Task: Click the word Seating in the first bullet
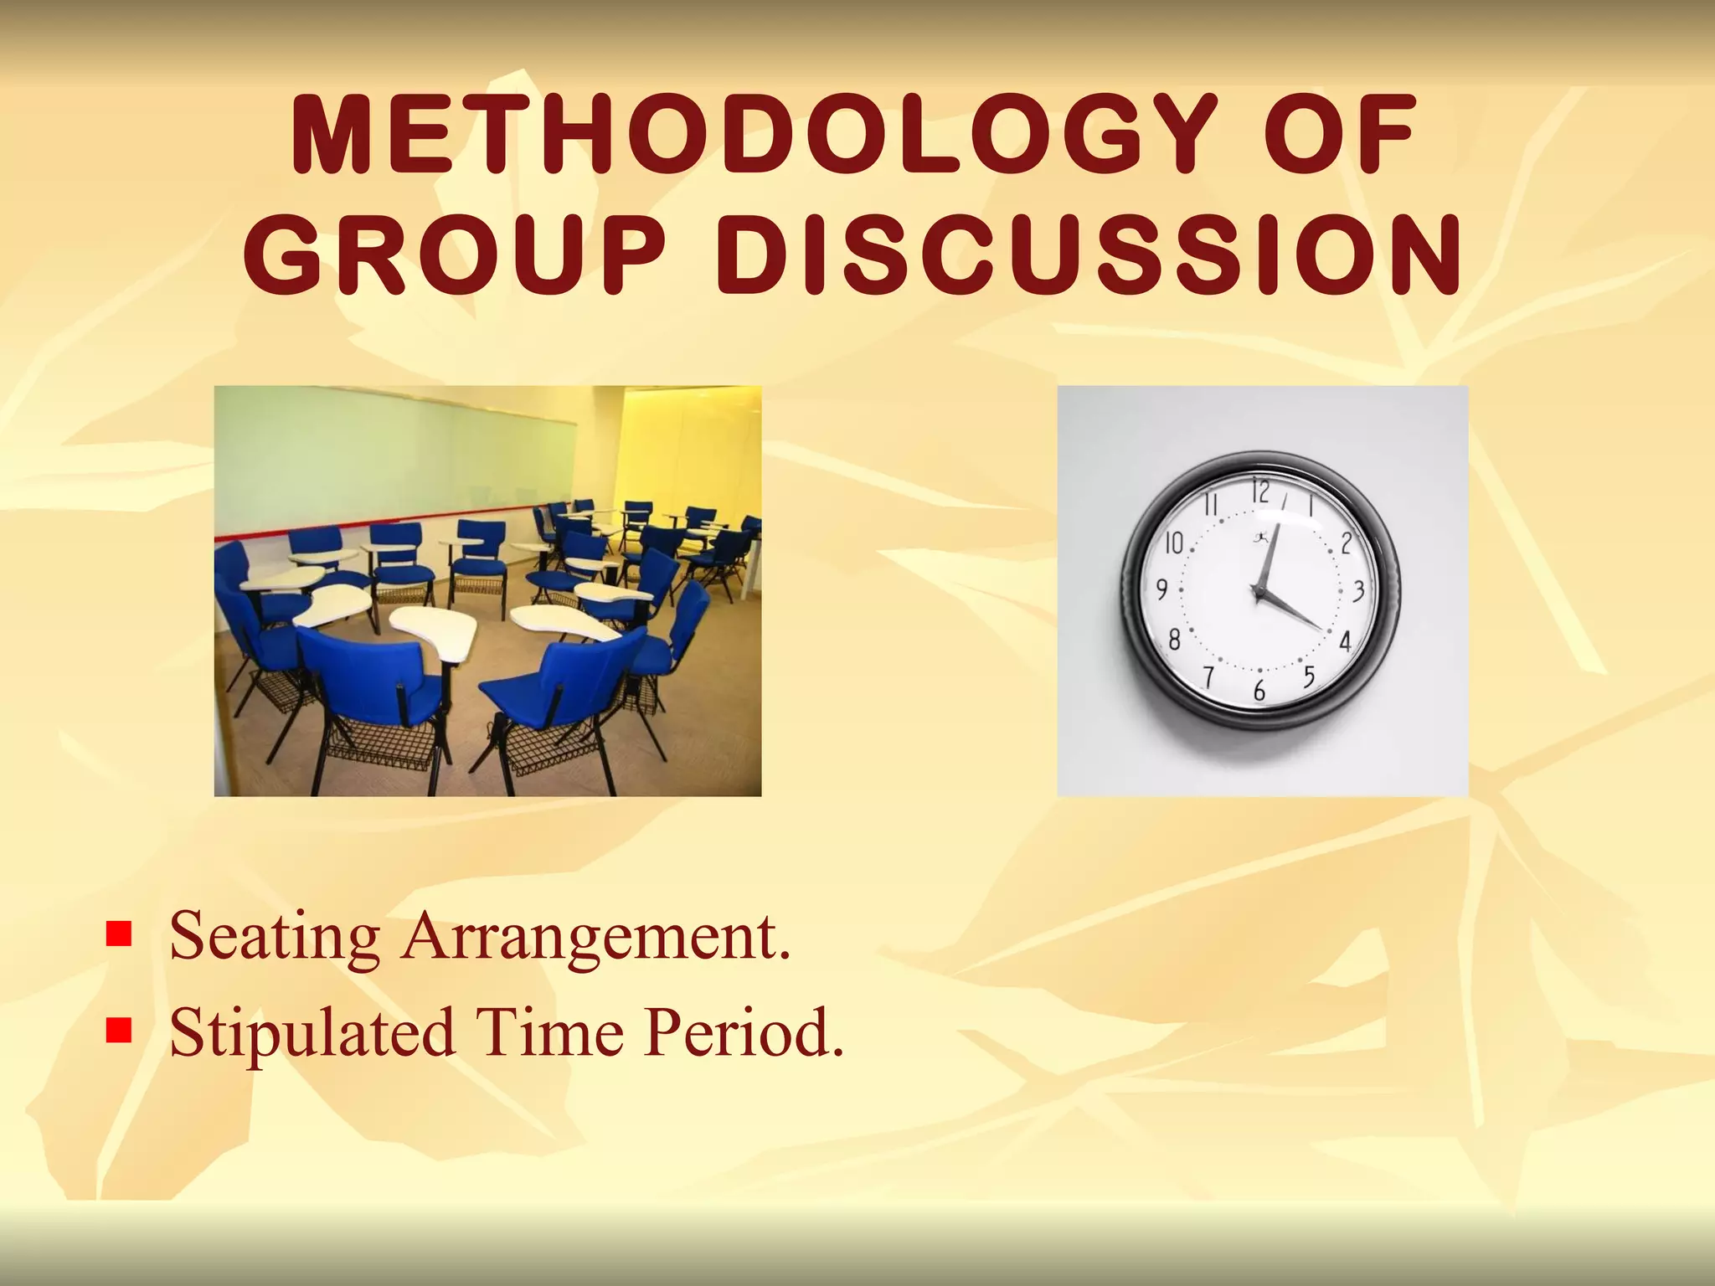click(x=274, y=936)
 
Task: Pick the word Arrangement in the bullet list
click(x=595, y=936)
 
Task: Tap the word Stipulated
click(x=312, y=1032)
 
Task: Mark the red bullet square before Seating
click(x=120, y=933)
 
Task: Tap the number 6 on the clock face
click(x=1259, y=692)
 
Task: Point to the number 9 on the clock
click(x=1162, y=591)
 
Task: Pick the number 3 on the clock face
click(x=1359, y=591)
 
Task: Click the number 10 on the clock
click(x=1174, y=544)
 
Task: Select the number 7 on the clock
click(x=1208, y=676)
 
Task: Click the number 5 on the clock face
click(x=1310, y=675)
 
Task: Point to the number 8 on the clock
click(x=1174, y=641)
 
